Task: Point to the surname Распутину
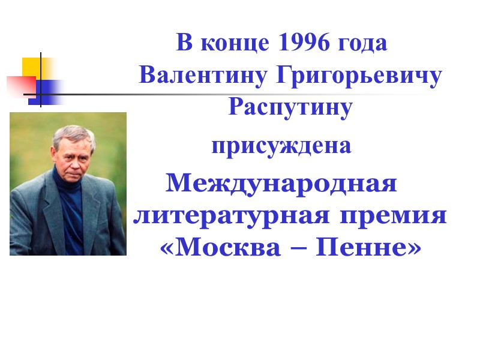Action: point(290,109)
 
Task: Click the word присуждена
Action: point(281,146)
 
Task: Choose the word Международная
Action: point(281,182)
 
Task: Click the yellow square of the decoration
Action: point(32,66)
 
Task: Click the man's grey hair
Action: point(71,132)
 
